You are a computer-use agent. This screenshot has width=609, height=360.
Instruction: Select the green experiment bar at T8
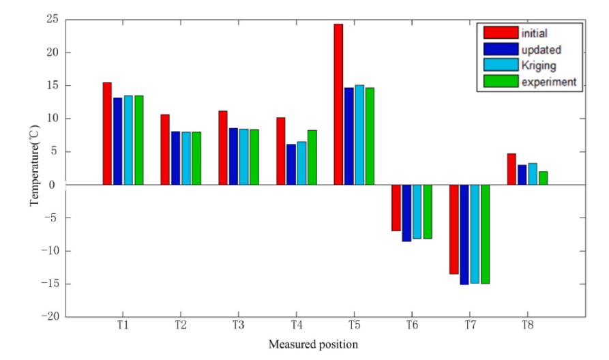click(543, 178)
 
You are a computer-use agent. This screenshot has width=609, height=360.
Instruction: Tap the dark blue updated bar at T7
click(464, 234)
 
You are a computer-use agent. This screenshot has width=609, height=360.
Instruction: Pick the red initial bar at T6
click(396, 207)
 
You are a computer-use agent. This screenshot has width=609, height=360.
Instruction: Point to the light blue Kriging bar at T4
click(301, 163)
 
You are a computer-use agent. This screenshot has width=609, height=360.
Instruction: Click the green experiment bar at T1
click(138, 140)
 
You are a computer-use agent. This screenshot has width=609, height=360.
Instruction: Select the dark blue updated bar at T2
click(175, 158)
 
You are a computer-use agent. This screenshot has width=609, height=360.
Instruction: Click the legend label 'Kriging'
click(539, 66)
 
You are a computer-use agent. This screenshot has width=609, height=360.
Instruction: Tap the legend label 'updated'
click(541, 50)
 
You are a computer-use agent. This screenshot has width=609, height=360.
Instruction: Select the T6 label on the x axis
click(411, 326)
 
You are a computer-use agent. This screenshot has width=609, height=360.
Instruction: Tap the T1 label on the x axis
click(123, 326)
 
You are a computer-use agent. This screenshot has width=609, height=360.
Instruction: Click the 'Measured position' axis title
click(312, 344)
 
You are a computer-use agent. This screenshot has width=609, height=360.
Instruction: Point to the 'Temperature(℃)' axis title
click(33, 168)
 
